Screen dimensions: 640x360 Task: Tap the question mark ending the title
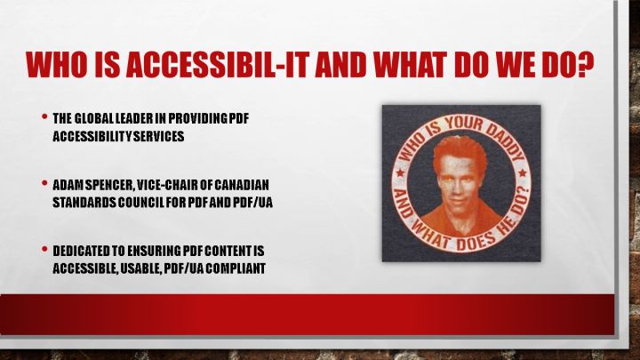pos(585,65)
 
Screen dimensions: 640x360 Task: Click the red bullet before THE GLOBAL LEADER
pos(44,116)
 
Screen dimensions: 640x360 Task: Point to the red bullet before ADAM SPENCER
pos(44,183)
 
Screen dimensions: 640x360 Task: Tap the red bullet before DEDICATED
pos(44,249)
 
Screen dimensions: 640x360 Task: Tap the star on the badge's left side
pos(400,173)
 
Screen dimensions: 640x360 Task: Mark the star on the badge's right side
pos(523,173)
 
